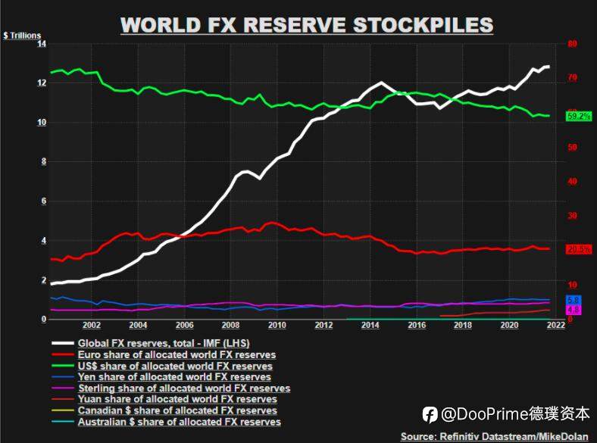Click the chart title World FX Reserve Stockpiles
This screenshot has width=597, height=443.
[307, 24]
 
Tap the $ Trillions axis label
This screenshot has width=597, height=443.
[22, 36]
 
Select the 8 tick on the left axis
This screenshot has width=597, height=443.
[42, 161]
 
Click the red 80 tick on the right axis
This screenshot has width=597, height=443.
[572, 44]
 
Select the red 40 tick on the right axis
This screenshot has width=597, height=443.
[572, 182]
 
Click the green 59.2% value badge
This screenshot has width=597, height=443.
[579, 117]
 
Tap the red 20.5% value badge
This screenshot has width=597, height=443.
[579, 249]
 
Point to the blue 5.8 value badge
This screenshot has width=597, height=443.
[574, 301]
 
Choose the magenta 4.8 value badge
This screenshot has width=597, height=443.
[574, 310]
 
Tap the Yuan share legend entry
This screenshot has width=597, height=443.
[181, 399]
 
